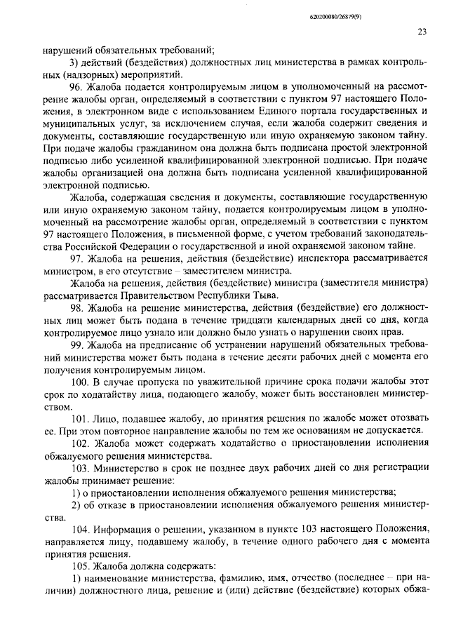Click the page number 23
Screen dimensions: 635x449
tap(422, 32)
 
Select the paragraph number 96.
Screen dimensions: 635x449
tap(76, 87)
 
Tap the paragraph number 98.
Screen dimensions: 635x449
tap(76, 308)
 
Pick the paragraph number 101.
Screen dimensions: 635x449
tap(79, 417)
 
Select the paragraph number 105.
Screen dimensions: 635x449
tap(79, 566)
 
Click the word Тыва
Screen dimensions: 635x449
tap(264, 295)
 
